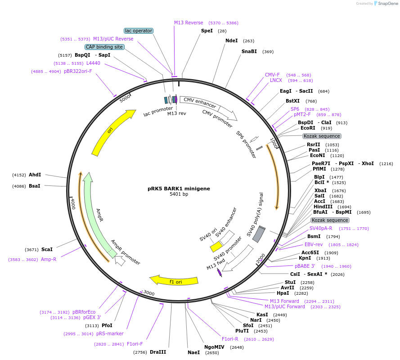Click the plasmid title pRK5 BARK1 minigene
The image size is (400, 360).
coord(179,189)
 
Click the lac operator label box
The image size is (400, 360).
coord(139,31)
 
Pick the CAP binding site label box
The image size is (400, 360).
coord(104,47)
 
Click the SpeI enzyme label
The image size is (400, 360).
coord(207,31)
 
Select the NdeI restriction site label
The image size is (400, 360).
coord(231,41)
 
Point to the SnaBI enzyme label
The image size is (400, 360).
coord(249,52)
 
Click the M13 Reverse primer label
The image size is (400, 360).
coord(189,22)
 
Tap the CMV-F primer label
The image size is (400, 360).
coord(272,75)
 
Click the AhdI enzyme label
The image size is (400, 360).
coord(35,175)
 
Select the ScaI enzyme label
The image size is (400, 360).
coord(47,249)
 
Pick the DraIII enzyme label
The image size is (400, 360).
coord(158,352)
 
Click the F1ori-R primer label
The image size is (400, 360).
coord(230,339)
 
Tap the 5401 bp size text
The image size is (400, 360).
coord(179,194)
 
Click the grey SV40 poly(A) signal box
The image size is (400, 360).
coord(259,234)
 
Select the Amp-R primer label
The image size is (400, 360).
coord(49,259)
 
